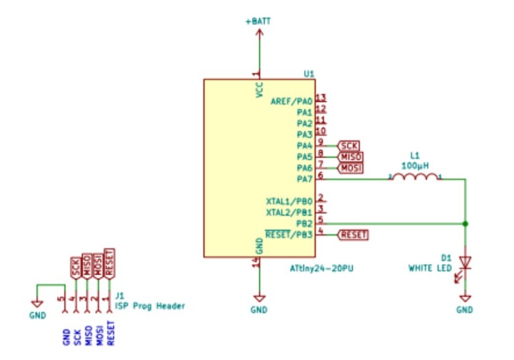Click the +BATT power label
[x=258, y=23]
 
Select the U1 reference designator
[x=308, y=74]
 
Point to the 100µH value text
[x=415, y=165]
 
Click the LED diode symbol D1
[x=465, y=263]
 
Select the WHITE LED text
[x=430, y=269]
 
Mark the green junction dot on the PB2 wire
[x=465, y=224]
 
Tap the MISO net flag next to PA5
[x=351, y=156]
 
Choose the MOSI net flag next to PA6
[x=350, y=167]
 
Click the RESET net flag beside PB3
[x=353, y=234]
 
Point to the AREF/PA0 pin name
[x=291, y=102]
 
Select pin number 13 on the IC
[x=321, y=98]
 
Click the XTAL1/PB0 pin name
[x=288, y=202]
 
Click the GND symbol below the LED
[x=465, y=304]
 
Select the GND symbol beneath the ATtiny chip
[x=259, y=304]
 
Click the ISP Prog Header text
[x=150, y=306]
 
